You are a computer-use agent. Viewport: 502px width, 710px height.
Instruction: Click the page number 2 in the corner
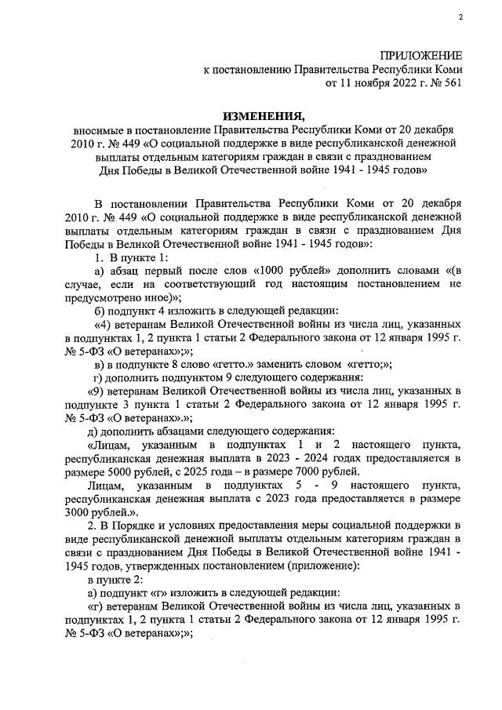(x=461, y=16)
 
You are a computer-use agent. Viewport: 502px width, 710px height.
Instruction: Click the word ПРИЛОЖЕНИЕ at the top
(x=420, y=55)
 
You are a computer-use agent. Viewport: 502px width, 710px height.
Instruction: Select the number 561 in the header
(x=450, y=82)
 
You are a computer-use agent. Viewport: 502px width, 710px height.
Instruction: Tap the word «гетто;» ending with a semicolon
(x=369, y=365)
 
